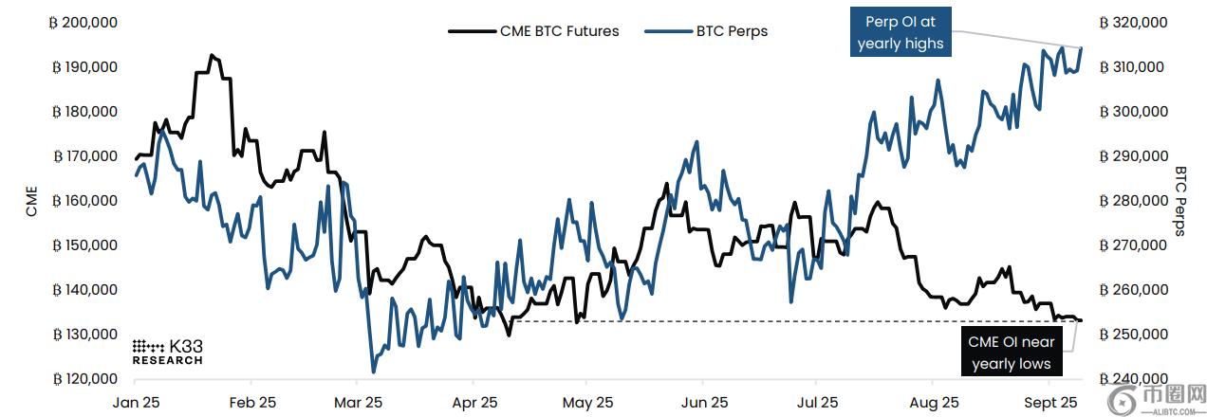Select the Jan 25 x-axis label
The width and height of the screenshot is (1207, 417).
[137, 401]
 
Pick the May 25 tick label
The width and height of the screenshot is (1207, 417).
[588, 401]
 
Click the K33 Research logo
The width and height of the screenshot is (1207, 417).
[166, 351]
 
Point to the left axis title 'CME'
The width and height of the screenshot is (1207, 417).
[31, 201]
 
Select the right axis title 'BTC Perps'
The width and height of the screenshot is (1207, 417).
[1180, 201]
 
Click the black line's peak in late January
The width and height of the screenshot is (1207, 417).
[211, 55]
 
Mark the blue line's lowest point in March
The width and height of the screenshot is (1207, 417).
[373, 372]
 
